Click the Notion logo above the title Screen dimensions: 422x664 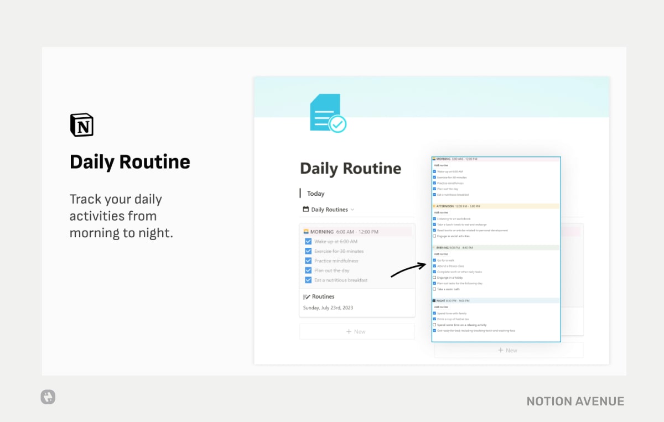[x=82, y=125]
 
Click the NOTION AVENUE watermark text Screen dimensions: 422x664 [x=575, y=402]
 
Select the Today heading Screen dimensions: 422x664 [x=316, y=194]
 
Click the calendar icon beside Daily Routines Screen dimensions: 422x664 [x=306, y=210]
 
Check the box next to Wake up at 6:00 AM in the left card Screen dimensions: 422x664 [x=308, y=242]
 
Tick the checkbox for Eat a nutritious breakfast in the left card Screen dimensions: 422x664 [x=308, y=280]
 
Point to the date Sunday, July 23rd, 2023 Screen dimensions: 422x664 [x=328, y=308]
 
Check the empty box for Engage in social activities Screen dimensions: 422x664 [x=434, y=236]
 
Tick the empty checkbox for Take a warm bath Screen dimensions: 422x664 [x=434, y=289]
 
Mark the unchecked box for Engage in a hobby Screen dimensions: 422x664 [x=434, y=278]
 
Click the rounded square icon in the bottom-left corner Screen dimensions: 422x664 [x=48, y=397]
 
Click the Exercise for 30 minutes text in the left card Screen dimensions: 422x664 [x=339, y=252]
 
